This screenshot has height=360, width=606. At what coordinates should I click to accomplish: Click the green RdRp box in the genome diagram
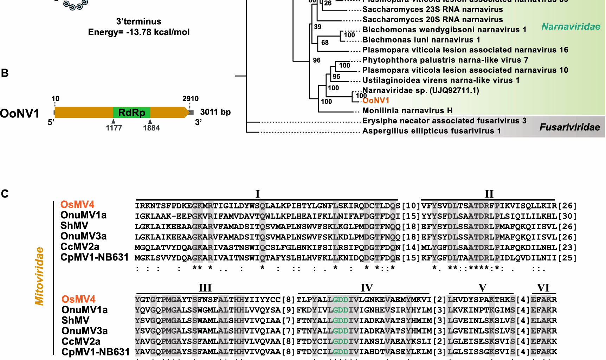131,112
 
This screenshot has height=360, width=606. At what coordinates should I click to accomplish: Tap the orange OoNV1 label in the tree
376,101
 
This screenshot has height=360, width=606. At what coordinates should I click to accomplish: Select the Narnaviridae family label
571,27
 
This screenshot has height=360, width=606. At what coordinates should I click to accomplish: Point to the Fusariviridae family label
569,127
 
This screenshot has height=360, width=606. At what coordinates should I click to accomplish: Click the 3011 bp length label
215,112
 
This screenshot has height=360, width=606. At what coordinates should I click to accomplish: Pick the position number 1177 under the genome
114,128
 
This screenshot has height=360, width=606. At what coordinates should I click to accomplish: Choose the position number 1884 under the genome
151,128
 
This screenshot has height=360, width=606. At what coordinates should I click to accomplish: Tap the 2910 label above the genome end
190,99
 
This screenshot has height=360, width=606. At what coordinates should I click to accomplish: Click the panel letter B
5,73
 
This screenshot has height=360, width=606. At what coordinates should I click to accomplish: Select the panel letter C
5,194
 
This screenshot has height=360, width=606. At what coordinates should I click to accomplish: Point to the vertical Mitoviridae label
39,276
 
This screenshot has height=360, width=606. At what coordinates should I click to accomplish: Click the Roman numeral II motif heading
489,194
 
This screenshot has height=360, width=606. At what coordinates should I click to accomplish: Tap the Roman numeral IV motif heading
366,288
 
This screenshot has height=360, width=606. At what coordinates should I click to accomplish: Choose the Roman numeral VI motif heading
543,288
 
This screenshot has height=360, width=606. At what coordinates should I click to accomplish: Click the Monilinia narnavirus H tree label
407,111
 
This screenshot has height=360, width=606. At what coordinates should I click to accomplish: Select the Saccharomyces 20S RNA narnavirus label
432,20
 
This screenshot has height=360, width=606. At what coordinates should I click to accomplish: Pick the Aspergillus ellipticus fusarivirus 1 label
431,131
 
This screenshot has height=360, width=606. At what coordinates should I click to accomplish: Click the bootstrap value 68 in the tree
325,43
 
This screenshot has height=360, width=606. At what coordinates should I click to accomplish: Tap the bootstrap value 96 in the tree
317,60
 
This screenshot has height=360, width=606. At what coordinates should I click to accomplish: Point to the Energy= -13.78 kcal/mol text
139,32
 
